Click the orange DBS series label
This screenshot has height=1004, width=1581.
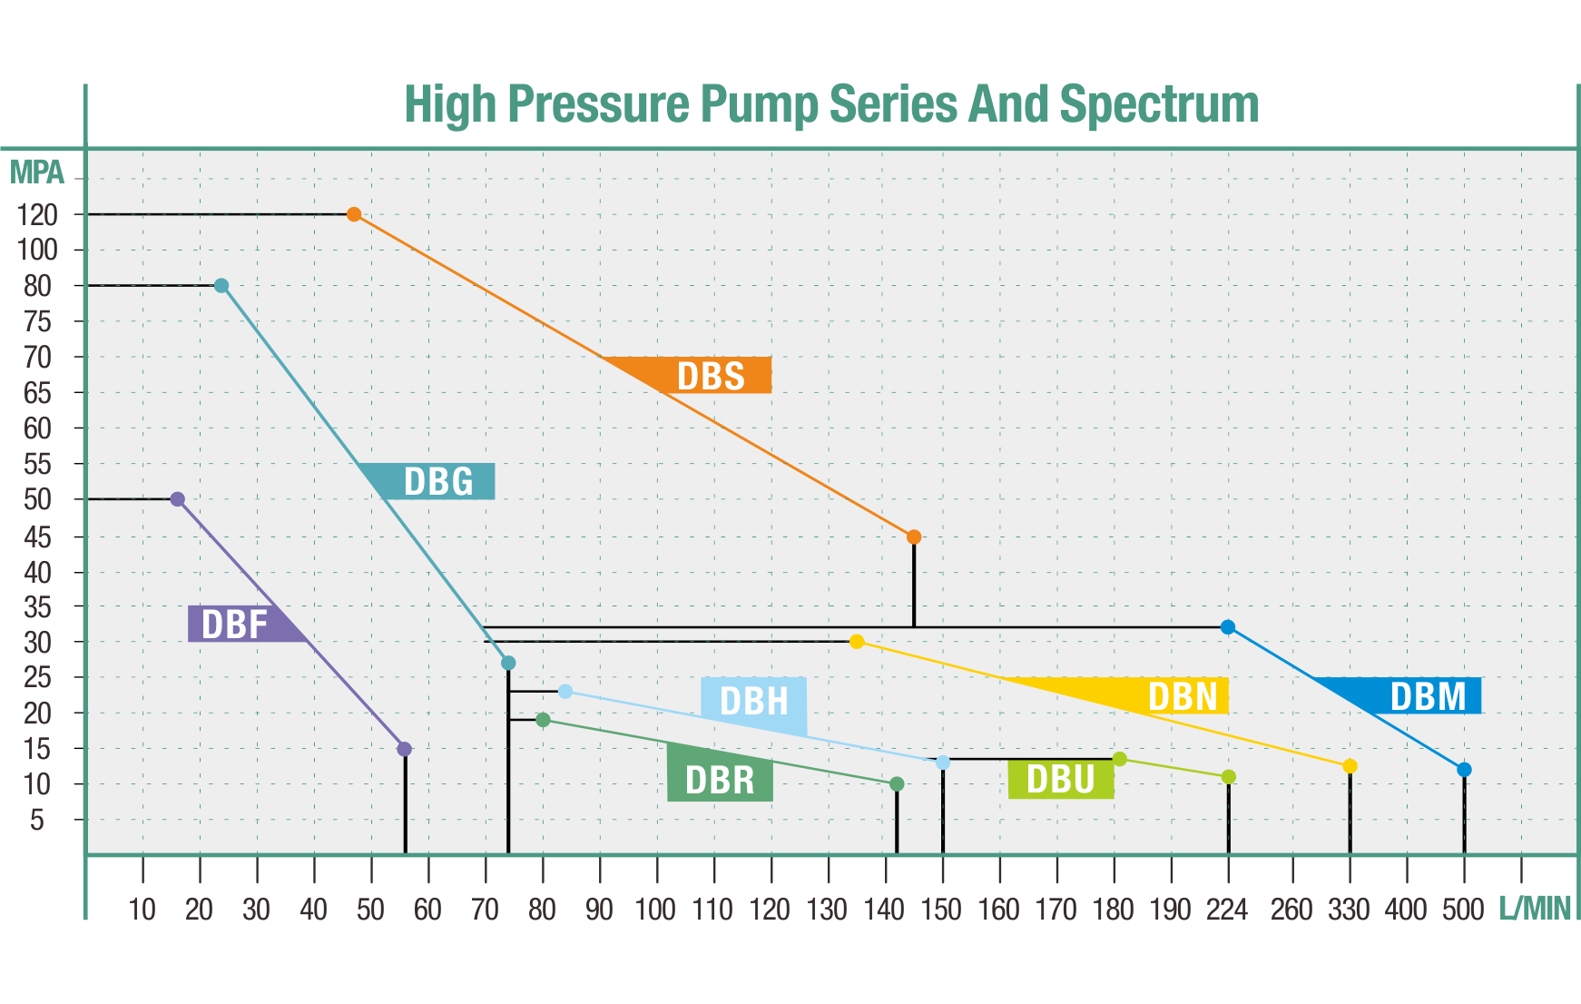(x=711, y=376)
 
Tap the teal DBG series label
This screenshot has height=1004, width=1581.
(x=438, y=482)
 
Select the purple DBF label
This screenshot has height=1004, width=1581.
(x=234, y=625)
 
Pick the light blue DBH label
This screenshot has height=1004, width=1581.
(x=753, y=701)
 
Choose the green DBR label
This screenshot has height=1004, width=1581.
(x=720, y=781)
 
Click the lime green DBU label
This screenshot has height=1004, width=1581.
(x=1060, y=780)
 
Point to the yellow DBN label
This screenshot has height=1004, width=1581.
(x=1183, y=696)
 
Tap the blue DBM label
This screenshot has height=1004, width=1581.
(x=1428, y=696)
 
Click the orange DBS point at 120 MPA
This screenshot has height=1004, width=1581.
(x=354, y=214)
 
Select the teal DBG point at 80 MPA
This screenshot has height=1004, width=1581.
(x=221, y=286)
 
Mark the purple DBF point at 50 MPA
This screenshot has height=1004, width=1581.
(x=178, y=499)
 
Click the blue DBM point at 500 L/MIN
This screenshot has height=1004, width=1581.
(x=1464, y=770)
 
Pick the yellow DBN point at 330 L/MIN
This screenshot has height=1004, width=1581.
(x=1350, y=766)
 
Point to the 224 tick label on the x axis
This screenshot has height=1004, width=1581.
(x=1227, y=909)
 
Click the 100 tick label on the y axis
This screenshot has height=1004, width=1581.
(x=37, y=250)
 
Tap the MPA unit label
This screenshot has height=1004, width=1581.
(x=37, y=171)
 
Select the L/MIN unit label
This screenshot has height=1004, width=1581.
(x=1535, y=908)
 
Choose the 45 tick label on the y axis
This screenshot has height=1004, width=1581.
(x=37, y=536)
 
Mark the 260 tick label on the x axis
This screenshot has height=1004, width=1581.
(x=1291, y=909)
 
